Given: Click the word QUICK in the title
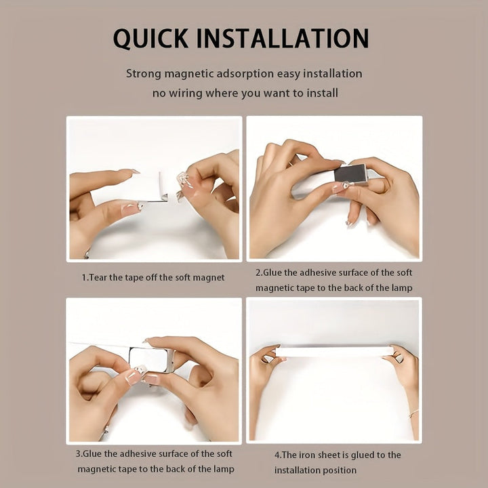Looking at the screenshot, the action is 150,39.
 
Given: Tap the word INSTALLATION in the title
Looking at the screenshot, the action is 283,38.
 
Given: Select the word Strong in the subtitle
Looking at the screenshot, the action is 144,75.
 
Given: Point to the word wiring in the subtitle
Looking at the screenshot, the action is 186,94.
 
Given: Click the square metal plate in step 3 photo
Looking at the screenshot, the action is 149,359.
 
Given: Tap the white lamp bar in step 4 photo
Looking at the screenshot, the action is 335,352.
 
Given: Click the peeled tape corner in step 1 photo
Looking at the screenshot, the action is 163,197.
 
